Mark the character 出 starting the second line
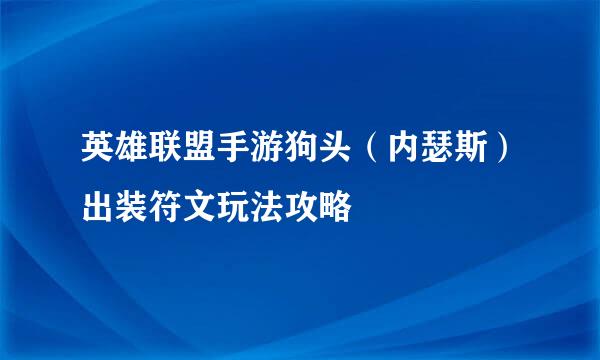click(x=97, y=207)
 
